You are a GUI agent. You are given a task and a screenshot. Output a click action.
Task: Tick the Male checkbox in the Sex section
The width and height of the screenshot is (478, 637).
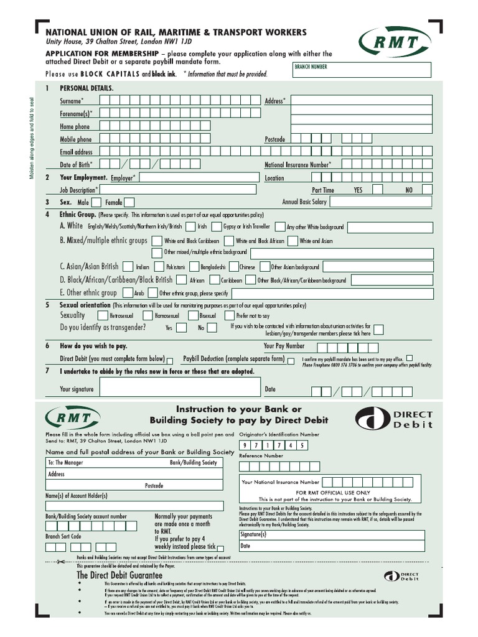click(x=96, y=202)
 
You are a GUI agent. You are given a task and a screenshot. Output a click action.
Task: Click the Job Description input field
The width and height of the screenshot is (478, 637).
click(x=178, y=190)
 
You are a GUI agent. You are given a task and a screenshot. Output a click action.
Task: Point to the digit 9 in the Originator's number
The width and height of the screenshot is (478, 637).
click(x=245, y=445)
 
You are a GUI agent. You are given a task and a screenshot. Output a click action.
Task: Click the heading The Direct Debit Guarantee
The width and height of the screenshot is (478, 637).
click(x=119, y=575)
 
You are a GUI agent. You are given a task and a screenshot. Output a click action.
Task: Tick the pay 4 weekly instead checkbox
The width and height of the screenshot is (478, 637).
click(x=222, y=546)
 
